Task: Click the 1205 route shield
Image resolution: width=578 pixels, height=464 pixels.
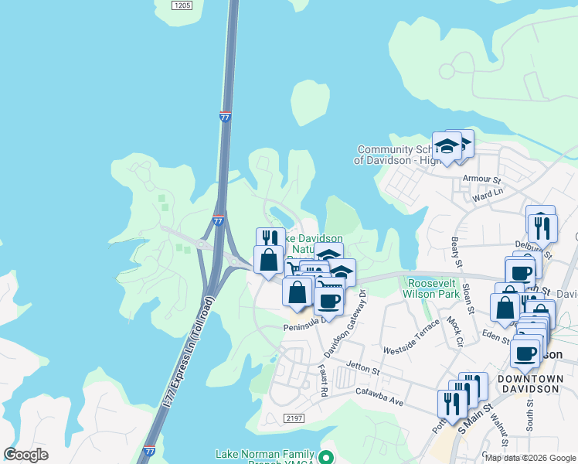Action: [x=182, y=5]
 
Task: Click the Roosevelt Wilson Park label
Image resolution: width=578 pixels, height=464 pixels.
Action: [x=430, y=288]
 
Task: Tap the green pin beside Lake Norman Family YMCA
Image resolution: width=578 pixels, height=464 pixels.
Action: [x=327, y=457]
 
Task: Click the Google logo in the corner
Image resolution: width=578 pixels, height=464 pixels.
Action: [x=25, y=455]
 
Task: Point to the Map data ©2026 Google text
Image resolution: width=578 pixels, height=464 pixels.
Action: [x=531, y=458]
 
